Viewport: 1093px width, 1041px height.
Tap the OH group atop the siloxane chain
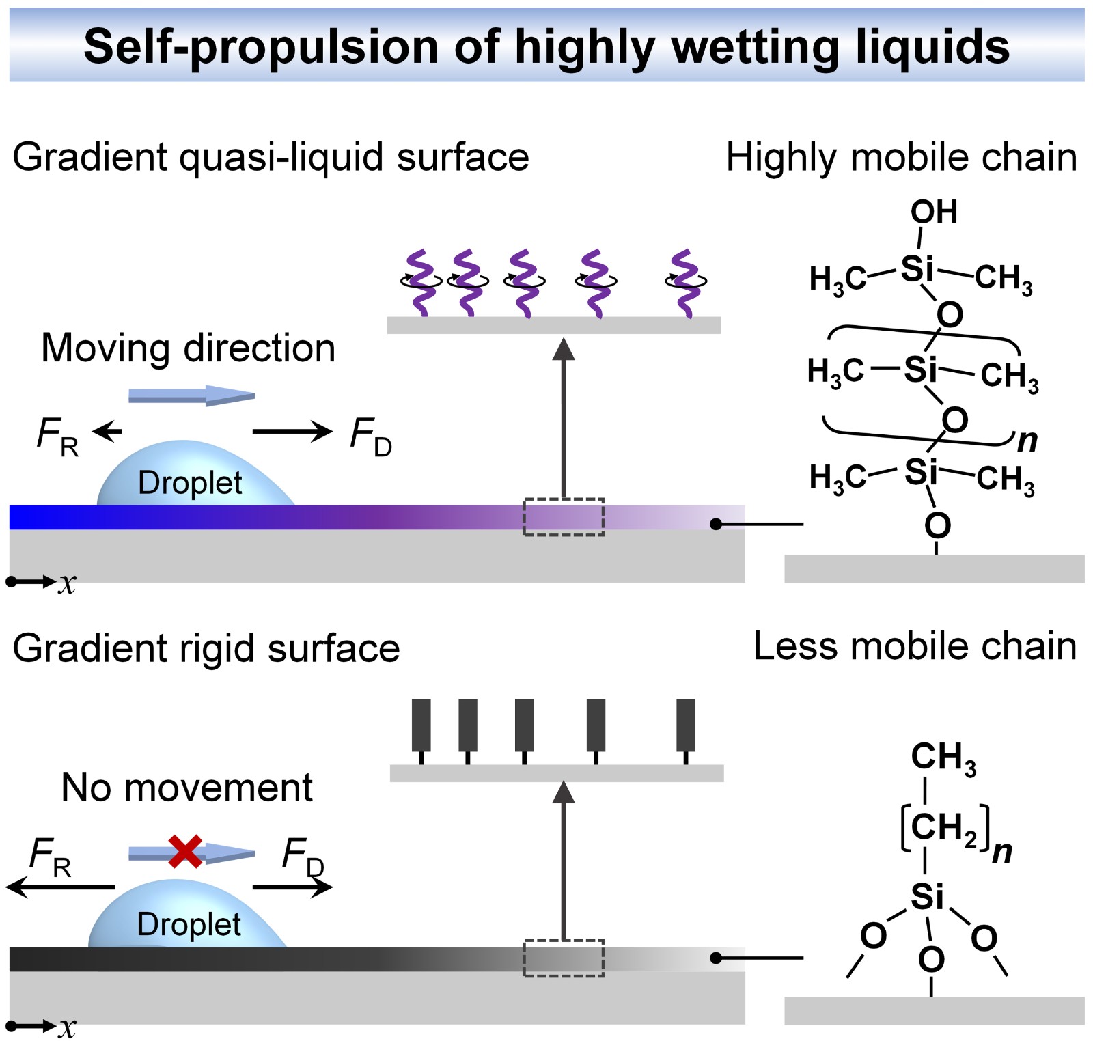(933, 212)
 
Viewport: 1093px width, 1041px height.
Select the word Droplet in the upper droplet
(190, 483)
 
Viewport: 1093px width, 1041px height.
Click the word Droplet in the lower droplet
(189, 924)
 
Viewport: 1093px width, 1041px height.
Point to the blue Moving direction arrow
(191, 395)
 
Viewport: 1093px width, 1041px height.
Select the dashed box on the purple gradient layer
(564, 517)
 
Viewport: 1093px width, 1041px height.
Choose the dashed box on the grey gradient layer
(564, 958)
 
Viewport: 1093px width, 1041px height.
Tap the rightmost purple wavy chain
(685, 283)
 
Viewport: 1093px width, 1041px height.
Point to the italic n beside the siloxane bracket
(1027, 441)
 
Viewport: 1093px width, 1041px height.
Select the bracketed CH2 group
(945, 828)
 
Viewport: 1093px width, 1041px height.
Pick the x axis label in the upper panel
(67, 583)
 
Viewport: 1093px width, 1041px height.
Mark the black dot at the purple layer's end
(716, 524)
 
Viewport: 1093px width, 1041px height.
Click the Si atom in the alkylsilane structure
(927, 896)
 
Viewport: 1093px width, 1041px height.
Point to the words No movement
(186, 788)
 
